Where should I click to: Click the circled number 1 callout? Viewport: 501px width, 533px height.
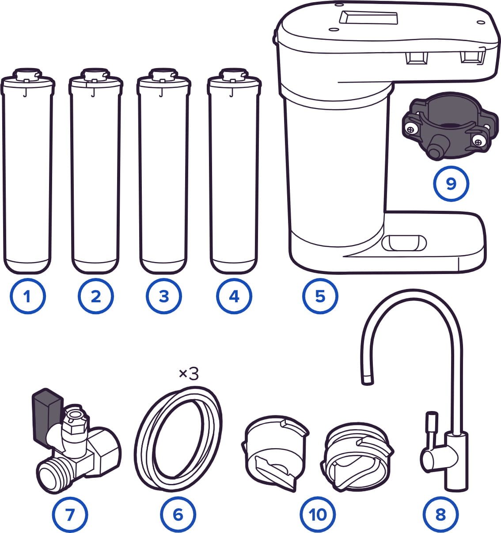click(28, 296)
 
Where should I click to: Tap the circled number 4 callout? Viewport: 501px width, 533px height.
click(234, 296)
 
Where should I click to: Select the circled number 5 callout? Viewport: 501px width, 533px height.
click(320, 296)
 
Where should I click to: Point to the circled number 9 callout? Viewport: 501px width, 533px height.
click(451, 183)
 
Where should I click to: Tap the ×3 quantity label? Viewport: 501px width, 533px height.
click(189, 374)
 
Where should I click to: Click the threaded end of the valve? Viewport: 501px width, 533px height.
click(51, 476)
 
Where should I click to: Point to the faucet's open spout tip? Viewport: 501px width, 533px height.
click(367, 381)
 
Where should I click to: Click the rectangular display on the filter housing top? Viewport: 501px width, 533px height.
click(368, 17)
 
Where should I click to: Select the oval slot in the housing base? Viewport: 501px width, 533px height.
click(404, 243)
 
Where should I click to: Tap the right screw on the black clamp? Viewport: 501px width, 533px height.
click(478, 141)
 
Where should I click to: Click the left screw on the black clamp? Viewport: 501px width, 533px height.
click(410, 129)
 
